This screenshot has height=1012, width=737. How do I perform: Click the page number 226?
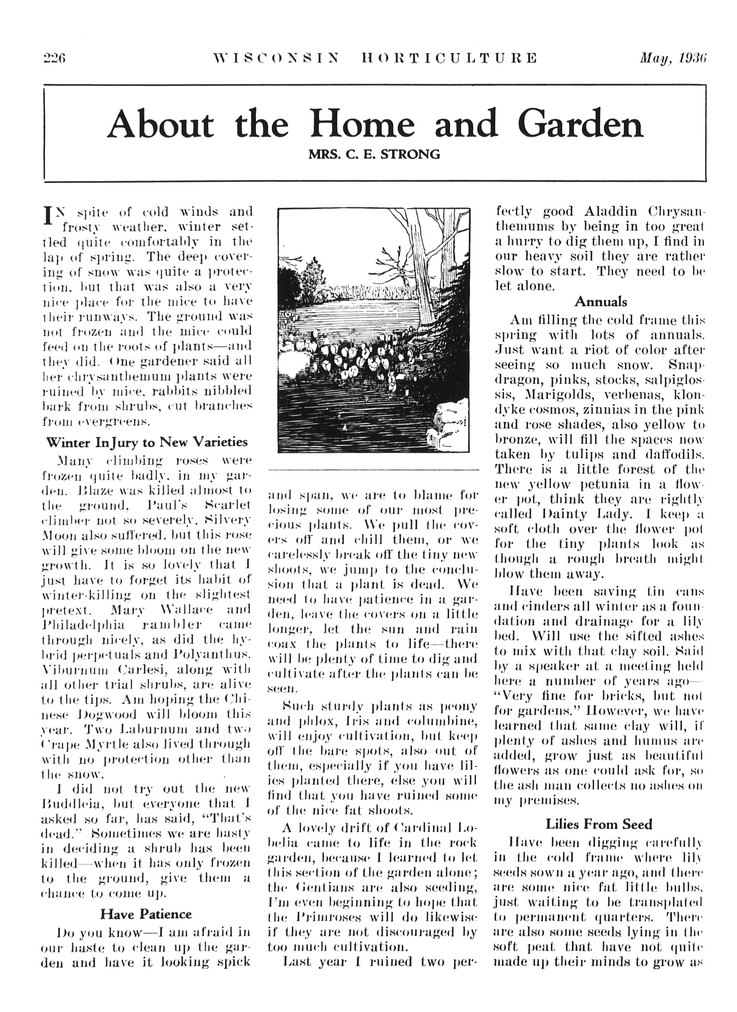coord(54,59)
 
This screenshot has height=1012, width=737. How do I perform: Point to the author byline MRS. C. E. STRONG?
coord(374,155)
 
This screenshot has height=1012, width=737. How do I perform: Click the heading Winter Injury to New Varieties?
coord(147,442)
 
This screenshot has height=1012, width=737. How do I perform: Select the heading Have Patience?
coord(146,914)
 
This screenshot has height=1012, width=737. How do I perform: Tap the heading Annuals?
coord(600,302)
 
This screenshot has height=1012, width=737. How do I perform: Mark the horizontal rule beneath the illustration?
coord(373,470)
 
